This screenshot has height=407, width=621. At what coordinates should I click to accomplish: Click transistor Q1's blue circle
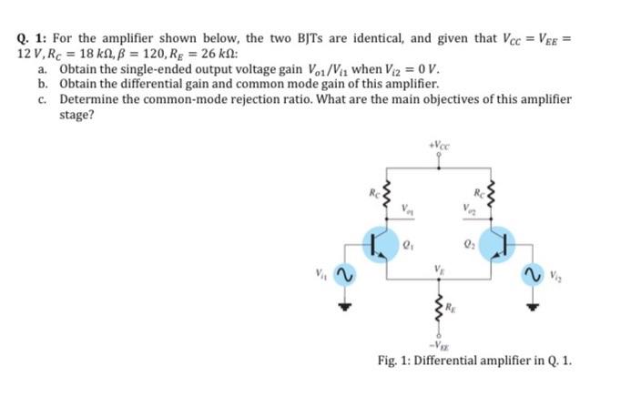(x=376, y=243)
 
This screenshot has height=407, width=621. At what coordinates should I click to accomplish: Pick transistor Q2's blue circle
(x=504, y=243)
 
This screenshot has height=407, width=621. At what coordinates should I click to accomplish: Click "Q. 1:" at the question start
(x=33, y=39)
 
